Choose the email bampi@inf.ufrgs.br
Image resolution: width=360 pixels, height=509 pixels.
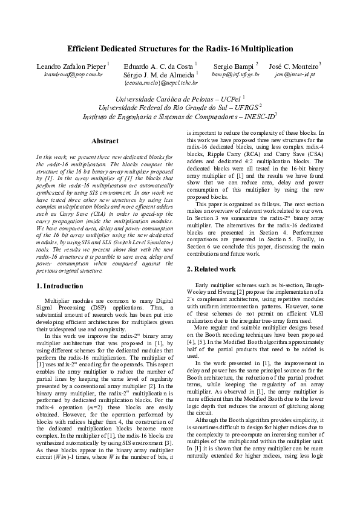tap(236, 74)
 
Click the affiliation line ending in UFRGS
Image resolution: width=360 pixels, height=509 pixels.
tap(180, 107)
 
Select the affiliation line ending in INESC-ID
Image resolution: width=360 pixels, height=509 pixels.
tap(180, 116)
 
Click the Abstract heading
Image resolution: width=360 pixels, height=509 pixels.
tap(105, 141)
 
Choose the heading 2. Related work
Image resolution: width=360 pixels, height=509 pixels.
tap(212, 268)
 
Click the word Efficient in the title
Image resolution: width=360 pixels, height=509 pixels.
tap(85, 49)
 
